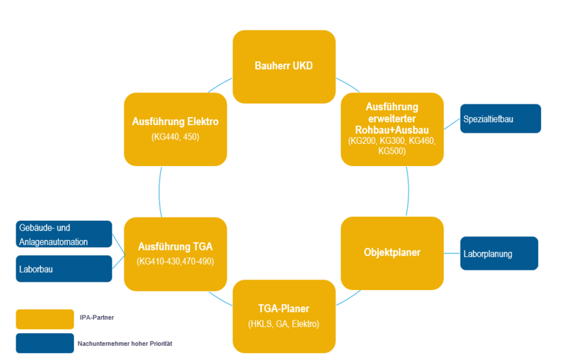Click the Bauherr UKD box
pyautogui.click(x=284, y=66)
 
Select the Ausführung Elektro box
pyautogui.click(x=175, y=127)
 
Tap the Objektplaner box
pyautogui.click(x=392, y=253)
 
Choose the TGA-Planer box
pyautogui.click(x=284, y=316)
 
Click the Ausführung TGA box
pyautogui.click(x=175, y=253)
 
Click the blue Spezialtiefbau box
pyautogui.click(x=500, y=119)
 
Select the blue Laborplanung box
pyautogui.click(x=499, y=253)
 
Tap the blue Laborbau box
pyautogui.click(x=64, y=269)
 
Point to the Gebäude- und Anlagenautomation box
pyautogui.click(x=64, y=234)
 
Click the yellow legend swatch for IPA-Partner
pyautogui.click(x=44, y=319)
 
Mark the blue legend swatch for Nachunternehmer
pyautogui.click(x=44, y=343)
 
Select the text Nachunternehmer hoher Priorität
pyautogui.click(x=125, y=344)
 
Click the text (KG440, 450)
pyautogui.click(x=175, y=136)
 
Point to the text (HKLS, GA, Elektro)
pyautogui.click(x=284, y=324)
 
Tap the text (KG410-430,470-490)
pyautogui.click(x=175, y=262)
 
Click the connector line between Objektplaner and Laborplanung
pyautogui.click(x=452, y=253)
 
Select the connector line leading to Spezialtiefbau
pyautogui.click(x=452, y=125)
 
